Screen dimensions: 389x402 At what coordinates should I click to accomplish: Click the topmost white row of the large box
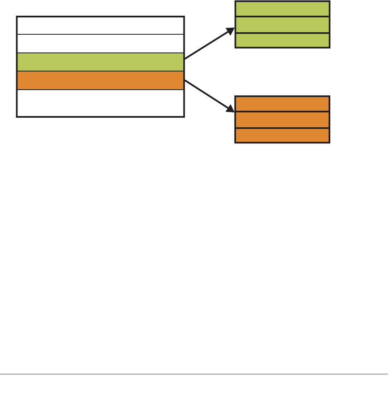click(100, 26)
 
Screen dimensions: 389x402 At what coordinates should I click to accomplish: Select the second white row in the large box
click(100, 43)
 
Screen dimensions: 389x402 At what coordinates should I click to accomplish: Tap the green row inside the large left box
click(100, 62)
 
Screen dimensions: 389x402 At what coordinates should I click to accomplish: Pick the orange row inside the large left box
click(100, 80)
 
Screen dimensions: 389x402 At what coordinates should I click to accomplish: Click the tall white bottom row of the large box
click(100, 102)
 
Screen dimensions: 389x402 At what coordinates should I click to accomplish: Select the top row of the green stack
click(282, 9)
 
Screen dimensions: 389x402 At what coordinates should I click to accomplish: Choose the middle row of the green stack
click(282, 25)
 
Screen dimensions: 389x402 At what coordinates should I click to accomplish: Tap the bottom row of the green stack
click(282, 40)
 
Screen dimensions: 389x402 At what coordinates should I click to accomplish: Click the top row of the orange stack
click(282, 104)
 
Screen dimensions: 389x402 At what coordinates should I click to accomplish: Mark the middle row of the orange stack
click(282, 119)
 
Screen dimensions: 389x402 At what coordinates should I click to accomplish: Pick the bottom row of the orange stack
click(282, 135)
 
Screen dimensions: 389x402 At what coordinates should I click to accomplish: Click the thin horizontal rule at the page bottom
click(194, 375)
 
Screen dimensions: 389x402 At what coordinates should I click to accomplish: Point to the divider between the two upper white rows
click(100, 34)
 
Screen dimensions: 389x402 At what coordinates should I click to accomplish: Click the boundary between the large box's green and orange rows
click(100, 71)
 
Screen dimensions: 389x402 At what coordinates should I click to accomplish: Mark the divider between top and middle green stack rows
click(282, 17)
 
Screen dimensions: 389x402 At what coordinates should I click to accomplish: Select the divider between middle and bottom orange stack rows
click(282, 128)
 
